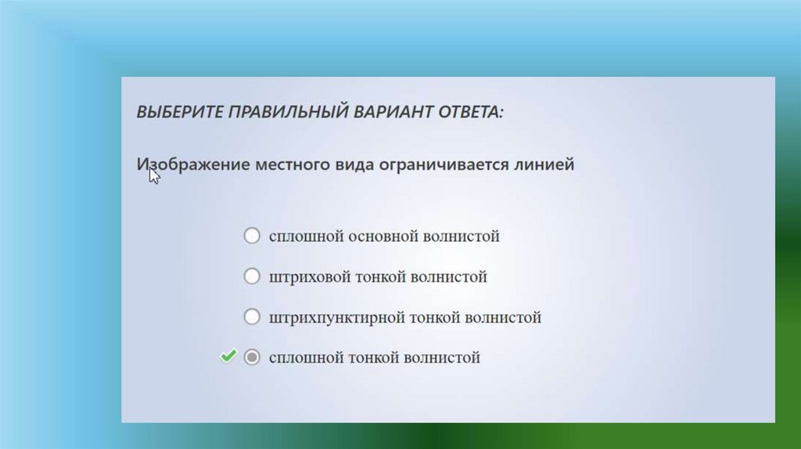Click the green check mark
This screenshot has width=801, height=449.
[228, 355]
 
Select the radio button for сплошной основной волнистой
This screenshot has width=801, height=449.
[252, 235]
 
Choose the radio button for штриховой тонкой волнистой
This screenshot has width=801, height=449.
[252, 276]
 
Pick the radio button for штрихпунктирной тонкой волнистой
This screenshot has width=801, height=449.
[252, 316]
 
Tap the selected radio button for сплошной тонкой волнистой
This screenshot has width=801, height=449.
[252, 357]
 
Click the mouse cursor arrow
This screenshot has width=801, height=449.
[154, 176]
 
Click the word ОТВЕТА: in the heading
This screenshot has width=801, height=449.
[471, 111]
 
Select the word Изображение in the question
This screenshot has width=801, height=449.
[193, 164]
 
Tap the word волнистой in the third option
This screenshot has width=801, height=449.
[503, 318]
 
